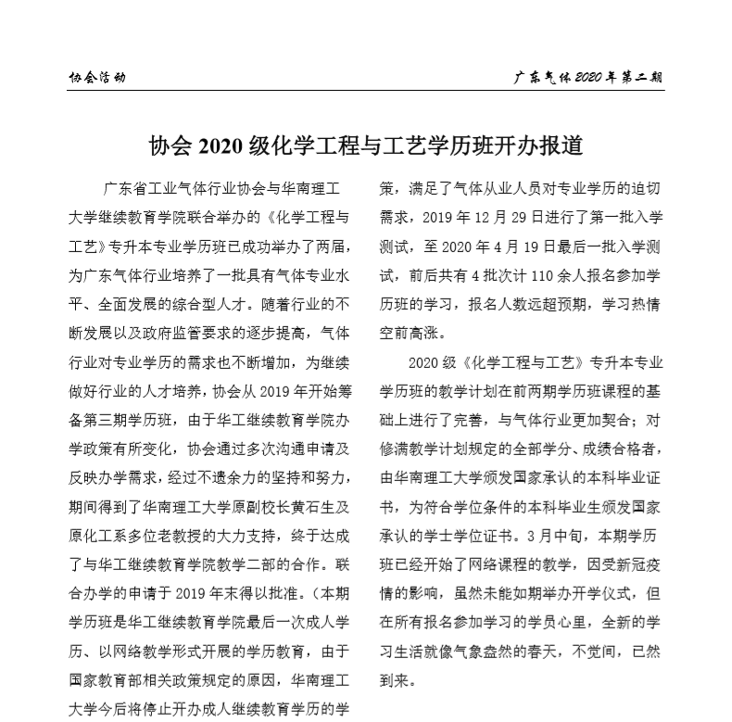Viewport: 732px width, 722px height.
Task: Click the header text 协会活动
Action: coord(97,78)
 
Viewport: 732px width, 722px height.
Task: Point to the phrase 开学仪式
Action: coord(590,592)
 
